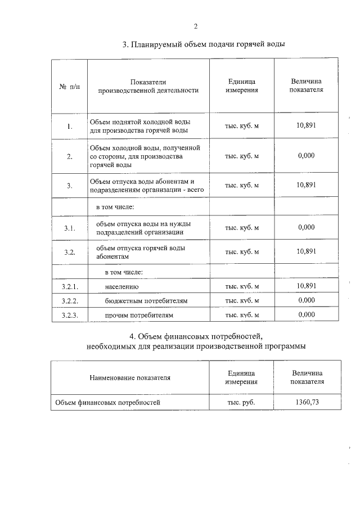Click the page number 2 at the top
tap(195, 26)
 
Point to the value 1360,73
tap(307, 402)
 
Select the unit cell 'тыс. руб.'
tap(242, 403)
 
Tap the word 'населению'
tap(121, 287)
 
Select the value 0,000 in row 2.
tap(307, 156)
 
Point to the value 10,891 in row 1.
tap(307, 125)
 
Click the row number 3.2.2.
tap(69, 301)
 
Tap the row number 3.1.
tap(69, 228)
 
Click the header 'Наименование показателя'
tap(130, 377)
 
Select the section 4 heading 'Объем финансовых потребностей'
tap(195, 336)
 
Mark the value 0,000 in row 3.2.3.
tap(307, 315)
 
